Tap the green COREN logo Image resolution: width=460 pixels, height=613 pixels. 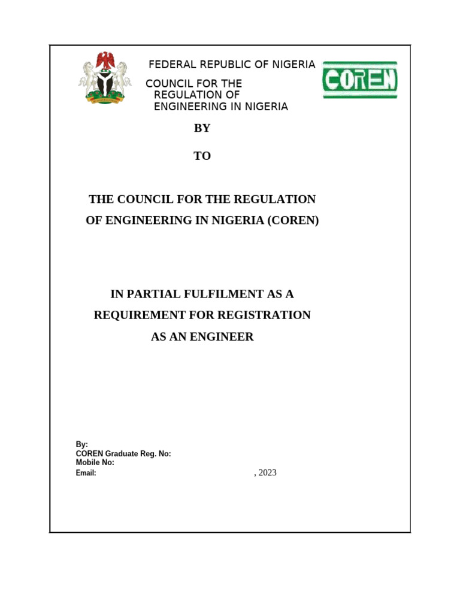click(360, 80)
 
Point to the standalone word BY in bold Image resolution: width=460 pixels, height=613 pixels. click(202, 128)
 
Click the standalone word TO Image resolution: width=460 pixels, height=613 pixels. click(202, 156)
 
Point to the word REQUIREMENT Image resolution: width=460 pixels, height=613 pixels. click(138, 315)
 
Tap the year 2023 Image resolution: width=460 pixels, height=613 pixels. click(267, 473)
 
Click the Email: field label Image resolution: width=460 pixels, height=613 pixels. click(86, 473)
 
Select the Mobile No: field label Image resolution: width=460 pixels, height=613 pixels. click(95, 463)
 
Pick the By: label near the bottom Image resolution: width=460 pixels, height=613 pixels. click(82, 445)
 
